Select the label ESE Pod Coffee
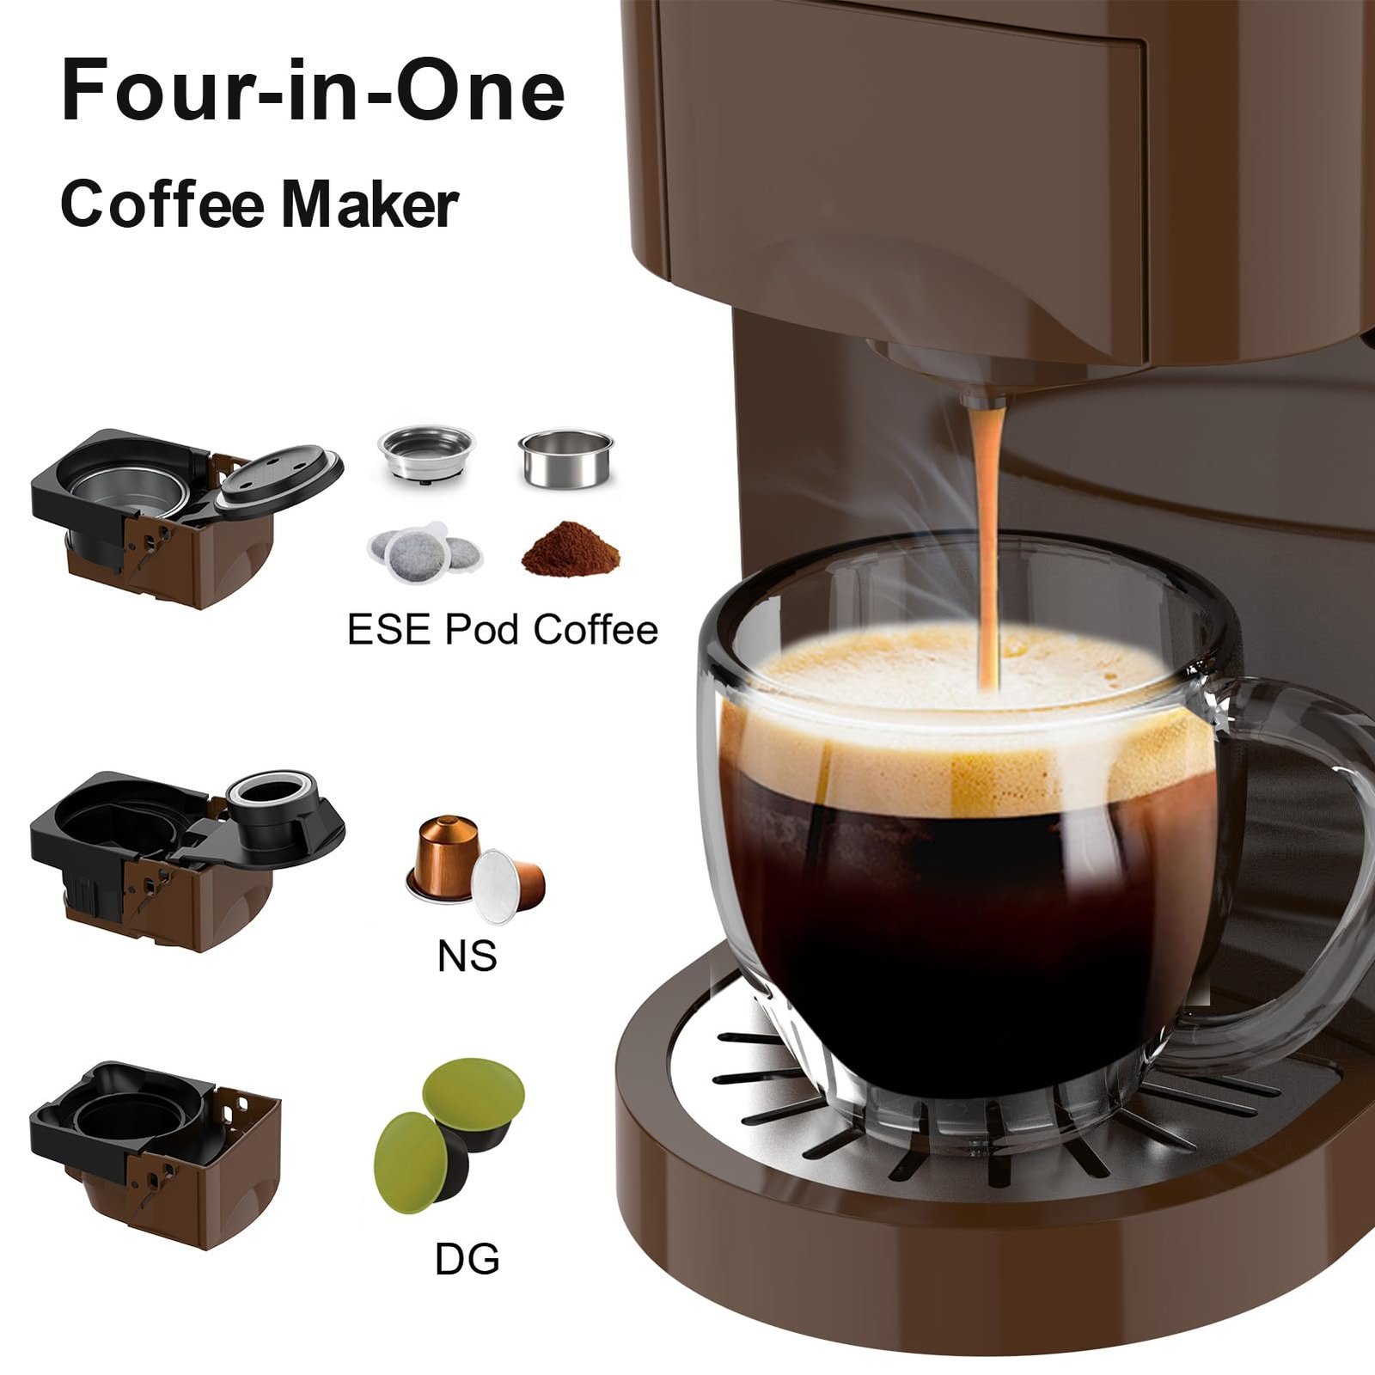point(503,630)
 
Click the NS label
point(467,956)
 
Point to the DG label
point(467,1259)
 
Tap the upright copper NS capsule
point(443,855)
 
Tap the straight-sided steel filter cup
point(565,458)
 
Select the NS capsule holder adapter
point(180,855)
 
